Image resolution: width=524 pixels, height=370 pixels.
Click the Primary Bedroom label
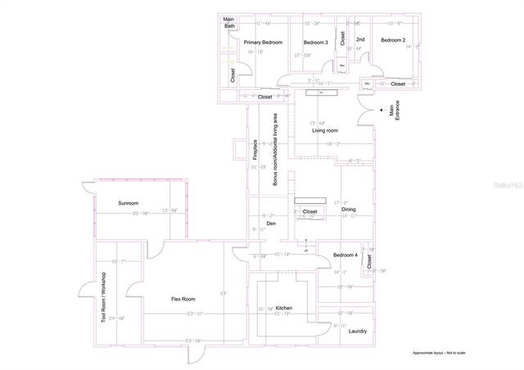[263, 42]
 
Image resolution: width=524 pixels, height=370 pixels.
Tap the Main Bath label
[229, 23]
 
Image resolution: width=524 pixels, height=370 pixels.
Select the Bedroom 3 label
[315, 42]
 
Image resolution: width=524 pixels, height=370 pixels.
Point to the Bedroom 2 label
[392, 39]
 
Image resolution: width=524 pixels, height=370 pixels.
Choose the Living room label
[325, 130]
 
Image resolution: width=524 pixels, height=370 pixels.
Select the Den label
[270, 223]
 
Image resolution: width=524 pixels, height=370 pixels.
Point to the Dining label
[349, 210]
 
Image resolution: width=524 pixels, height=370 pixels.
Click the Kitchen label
[284, 308]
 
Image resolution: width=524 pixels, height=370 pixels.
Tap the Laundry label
[358, 331]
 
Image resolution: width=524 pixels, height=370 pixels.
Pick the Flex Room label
[183, 299]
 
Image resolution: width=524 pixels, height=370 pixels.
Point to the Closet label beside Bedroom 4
[369, 262]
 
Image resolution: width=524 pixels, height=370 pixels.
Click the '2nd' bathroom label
[359, 38]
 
